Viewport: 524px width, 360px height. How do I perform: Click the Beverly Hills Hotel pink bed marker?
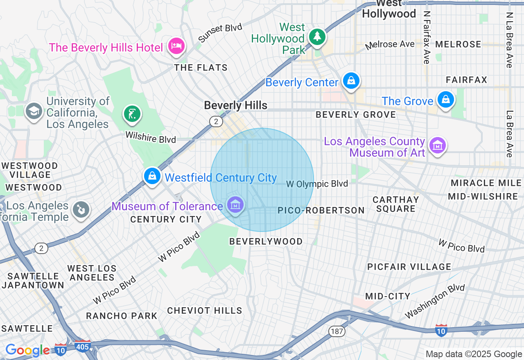[x=176, y=45]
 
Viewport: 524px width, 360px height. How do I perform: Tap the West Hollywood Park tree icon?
[x=317, y=37]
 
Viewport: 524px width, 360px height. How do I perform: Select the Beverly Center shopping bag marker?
[x=351, y=80]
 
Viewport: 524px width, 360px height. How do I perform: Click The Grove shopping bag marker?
[x=445, y=99]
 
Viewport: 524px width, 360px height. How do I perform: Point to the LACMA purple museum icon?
[x=438, y=145]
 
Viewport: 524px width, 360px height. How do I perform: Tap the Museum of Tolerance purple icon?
[x=235, y=205]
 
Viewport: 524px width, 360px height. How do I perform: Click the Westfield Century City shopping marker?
[x=152, y=176]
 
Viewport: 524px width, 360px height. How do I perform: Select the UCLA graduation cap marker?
[x=34, y=110]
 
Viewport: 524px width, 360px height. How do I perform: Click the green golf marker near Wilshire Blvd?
[x=132, y=114]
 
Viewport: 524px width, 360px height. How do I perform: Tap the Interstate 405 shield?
[x=83, y=346]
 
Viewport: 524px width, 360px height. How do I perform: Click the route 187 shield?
[x=337, y=331]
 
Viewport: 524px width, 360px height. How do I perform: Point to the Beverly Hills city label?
[x=235, y=106]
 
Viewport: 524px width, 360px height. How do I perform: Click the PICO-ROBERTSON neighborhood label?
[x=321, y=210]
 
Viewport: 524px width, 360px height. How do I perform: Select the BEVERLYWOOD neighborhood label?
[x=266, y=241]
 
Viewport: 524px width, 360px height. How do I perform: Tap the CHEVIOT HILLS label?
[x=205, y=310]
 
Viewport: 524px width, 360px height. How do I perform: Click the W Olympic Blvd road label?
[x=317, y=184]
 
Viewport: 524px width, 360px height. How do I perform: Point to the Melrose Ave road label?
[x=390, y=44]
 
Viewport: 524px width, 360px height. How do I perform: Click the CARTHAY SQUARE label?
[x=395, y=204]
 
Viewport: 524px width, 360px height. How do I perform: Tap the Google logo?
[x=27, y=350]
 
